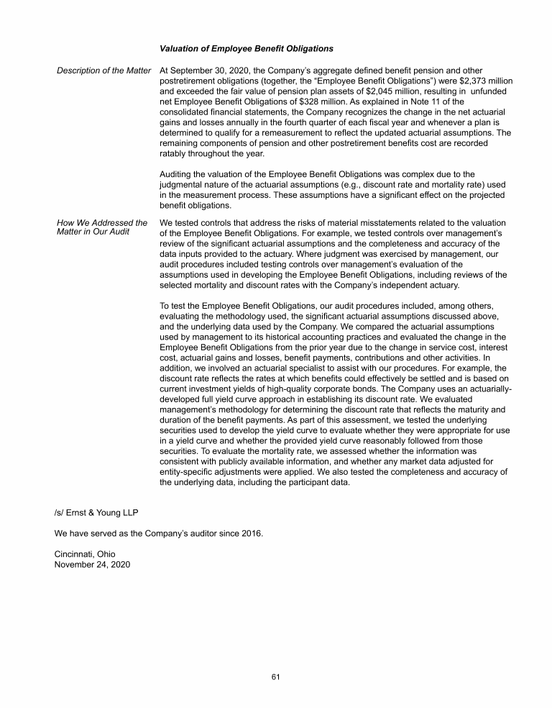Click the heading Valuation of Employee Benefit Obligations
click(x=246, y=49)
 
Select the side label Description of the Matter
click(x=104, y=71)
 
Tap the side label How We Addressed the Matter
click(x=102, y=228)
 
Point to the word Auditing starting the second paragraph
click(x=178, y=173)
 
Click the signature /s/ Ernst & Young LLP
click(x=97, y=512)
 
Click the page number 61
click(x=276, y=676)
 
